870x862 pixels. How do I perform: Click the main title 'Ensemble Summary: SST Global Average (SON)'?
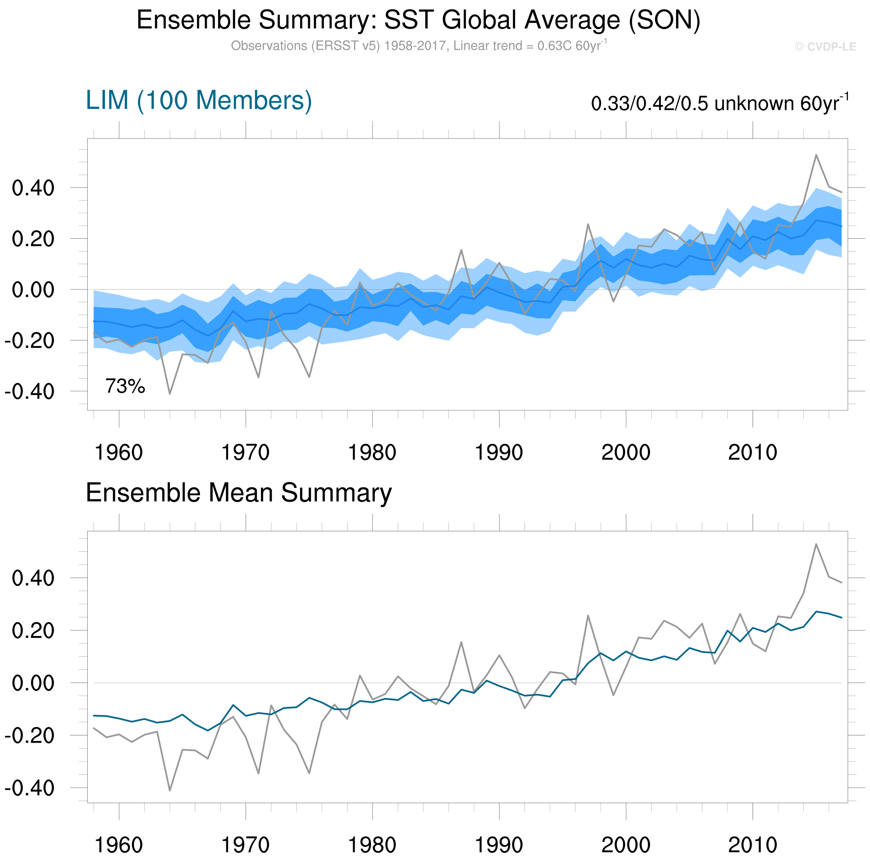pos(418,20)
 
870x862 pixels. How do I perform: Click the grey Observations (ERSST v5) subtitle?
pos(418,46)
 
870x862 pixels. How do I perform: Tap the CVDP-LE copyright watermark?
pos(825,47)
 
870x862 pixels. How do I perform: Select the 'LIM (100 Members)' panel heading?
pos(199,100)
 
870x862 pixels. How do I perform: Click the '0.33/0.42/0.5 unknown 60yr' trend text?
pos(719,104)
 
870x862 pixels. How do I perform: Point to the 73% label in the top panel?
pos(125,386)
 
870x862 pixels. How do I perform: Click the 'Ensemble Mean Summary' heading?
pos(239,493)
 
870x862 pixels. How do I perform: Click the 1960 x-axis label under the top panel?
pos(119,452)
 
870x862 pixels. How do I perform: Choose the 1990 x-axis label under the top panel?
pos(499,452)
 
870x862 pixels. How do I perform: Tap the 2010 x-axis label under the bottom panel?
pos(753,844)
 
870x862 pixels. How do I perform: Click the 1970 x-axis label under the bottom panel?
pos(246,844)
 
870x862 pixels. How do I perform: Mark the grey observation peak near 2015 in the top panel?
pos(816,155)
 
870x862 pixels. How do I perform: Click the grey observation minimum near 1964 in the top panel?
pos(170,394)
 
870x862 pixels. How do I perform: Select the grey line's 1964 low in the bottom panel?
pos(170,790)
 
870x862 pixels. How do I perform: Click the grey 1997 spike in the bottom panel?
pos(588,615)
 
